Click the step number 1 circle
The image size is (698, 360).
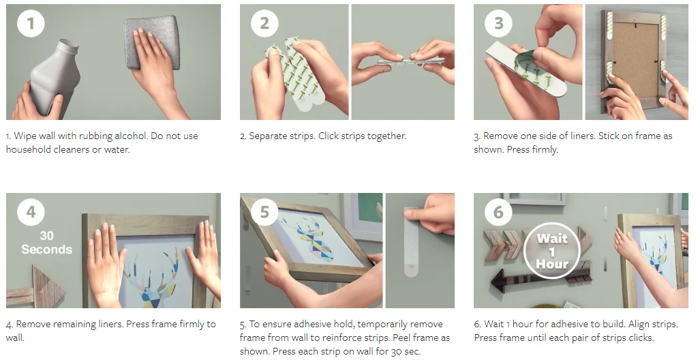31,23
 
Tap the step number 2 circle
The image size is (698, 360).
264,23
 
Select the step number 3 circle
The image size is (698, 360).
498,23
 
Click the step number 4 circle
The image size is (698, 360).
31,211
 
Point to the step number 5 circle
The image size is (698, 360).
264,211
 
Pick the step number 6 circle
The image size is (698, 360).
498,211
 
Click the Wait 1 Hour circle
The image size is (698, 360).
552,251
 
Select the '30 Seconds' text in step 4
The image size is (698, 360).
47,242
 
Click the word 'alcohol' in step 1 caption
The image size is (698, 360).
130,136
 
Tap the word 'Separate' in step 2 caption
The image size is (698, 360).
267,136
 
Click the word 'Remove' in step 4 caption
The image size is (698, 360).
32,325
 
